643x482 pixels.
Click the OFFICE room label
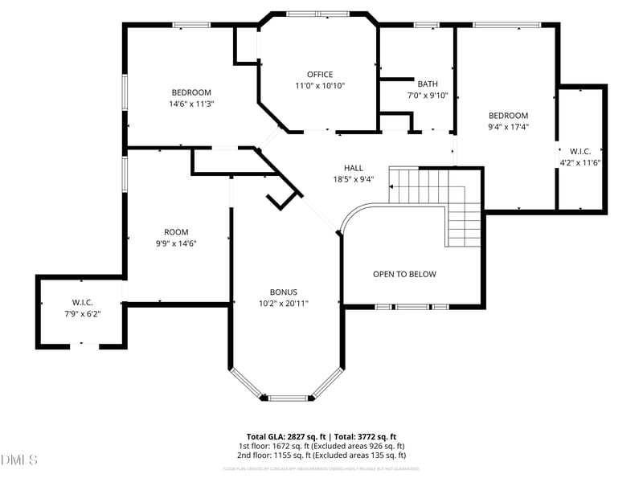point(320,75)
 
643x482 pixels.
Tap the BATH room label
point(428,84)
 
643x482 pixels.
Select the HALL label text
point(354,168)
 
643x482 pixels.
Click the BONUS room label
point(284,292)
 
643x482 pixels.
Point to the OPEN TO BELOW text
point(404,274)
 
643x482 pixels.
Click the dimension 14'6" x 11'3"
point(191,104)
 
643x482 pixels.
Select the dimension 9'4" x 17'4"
point(508,127)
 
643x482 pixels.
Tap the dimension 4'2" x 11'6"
point(580,162)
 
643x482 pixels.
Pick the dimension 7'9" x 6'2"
point(83,313)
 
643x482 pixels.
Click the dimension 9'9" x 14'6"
point(176,243)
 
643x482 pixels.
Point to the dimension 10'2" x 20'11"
point(284,304)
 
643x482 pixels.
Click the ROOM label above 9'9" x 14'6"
point(176,232)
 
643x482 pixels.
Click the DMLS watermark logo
point(19,460)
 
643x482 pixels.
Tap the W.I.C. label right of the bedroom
point(580,151)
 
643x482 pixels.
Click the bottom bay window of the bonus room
point(287,397)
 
